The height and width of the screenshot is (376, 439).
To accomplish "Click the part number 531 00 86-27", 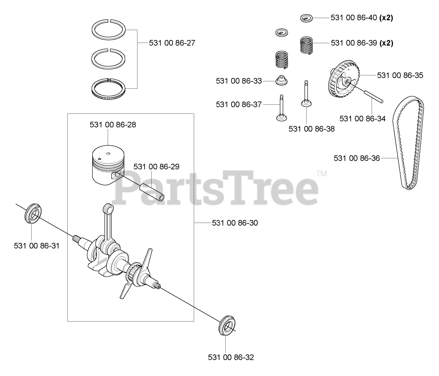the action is point(172,43).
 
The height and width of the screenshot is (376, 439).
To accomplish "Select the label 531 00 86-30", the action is point(235,223).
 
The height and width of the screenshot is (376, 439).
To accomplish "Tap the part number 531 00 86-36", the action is point(357,158).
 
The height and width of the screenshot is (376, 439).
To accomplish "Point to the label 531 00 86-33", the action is point(239,81).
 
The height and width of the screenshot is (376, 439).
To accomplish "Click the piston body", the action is point(108,165).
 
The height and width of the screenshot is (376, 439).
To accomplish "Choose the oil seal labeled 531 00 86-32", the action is point(227,328).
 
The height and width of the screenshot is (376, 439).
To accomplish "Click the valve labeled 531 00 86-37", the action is point(282,108).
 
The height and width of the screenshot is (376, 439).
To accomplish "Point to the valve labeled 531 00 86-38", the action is point(306,94).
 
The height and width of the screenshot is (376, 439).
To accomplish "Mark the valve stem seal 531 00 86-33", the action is point(282,80).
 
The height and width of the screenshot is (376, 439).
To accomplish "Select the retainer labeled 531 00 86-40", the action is point(307,18).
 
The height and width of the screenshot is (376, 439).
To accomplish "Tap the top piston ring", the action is point(108,29).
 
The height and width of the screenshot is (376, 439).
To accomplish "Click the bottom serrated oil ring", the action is point(108,88).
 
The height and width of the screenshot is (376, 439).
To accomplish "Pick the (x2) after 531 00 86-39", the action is point(386,43).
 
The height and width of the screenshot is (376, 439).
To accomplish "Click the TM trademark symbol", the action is point(322,174).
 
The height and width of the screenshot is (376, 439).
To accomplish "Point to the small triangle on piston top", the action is point(99,159).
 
